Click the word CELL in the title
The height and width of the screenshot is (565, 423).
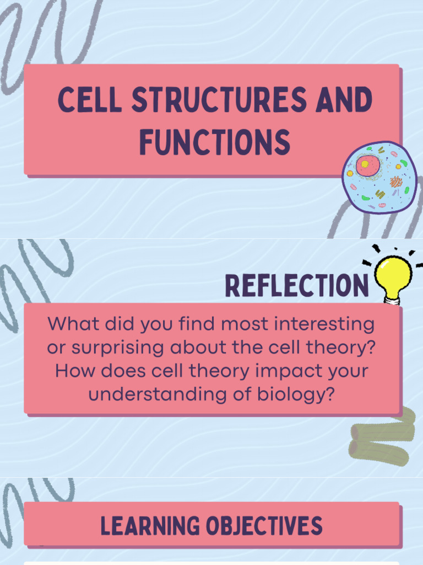[x=90, y=101]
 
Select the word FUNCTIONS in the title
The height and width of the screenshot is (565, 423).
[x=214, y=142]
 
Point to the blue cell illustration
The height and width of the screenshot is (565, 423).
[x=379, y=177]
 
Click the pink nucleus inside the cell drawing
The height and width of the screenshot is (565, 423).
[x=367, y=165]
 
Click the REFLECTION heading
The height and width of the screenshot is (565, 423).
[x=296, y=285]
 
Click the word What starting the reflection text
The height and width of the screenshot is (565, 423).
[x=70, y=324]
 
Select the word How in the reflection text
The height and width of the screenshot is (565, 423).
[x=72, y=371]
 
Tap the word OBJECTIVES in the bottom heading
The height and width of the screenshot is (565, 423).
[x=264, y=526]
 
